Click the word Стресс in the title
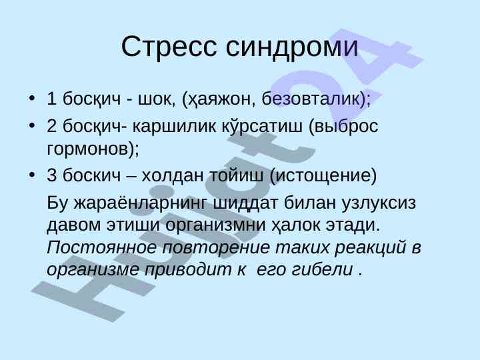(169, 46)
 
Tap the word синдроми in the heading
(292, 47)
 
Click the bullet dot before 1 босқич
(31, 98)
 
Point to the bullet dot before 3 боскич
(31, 175)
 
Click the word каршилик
(174, 126)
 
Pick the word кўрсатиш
(262, 125)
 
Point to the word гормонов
(88, 149)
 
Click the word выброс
(347, 125)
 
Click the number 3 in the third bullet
(52, 175)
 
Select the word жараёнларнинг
(140, 203)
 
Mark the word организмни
(215, 225)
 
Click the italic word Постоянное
(102, 247)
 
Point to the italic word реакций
(371, 247)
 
